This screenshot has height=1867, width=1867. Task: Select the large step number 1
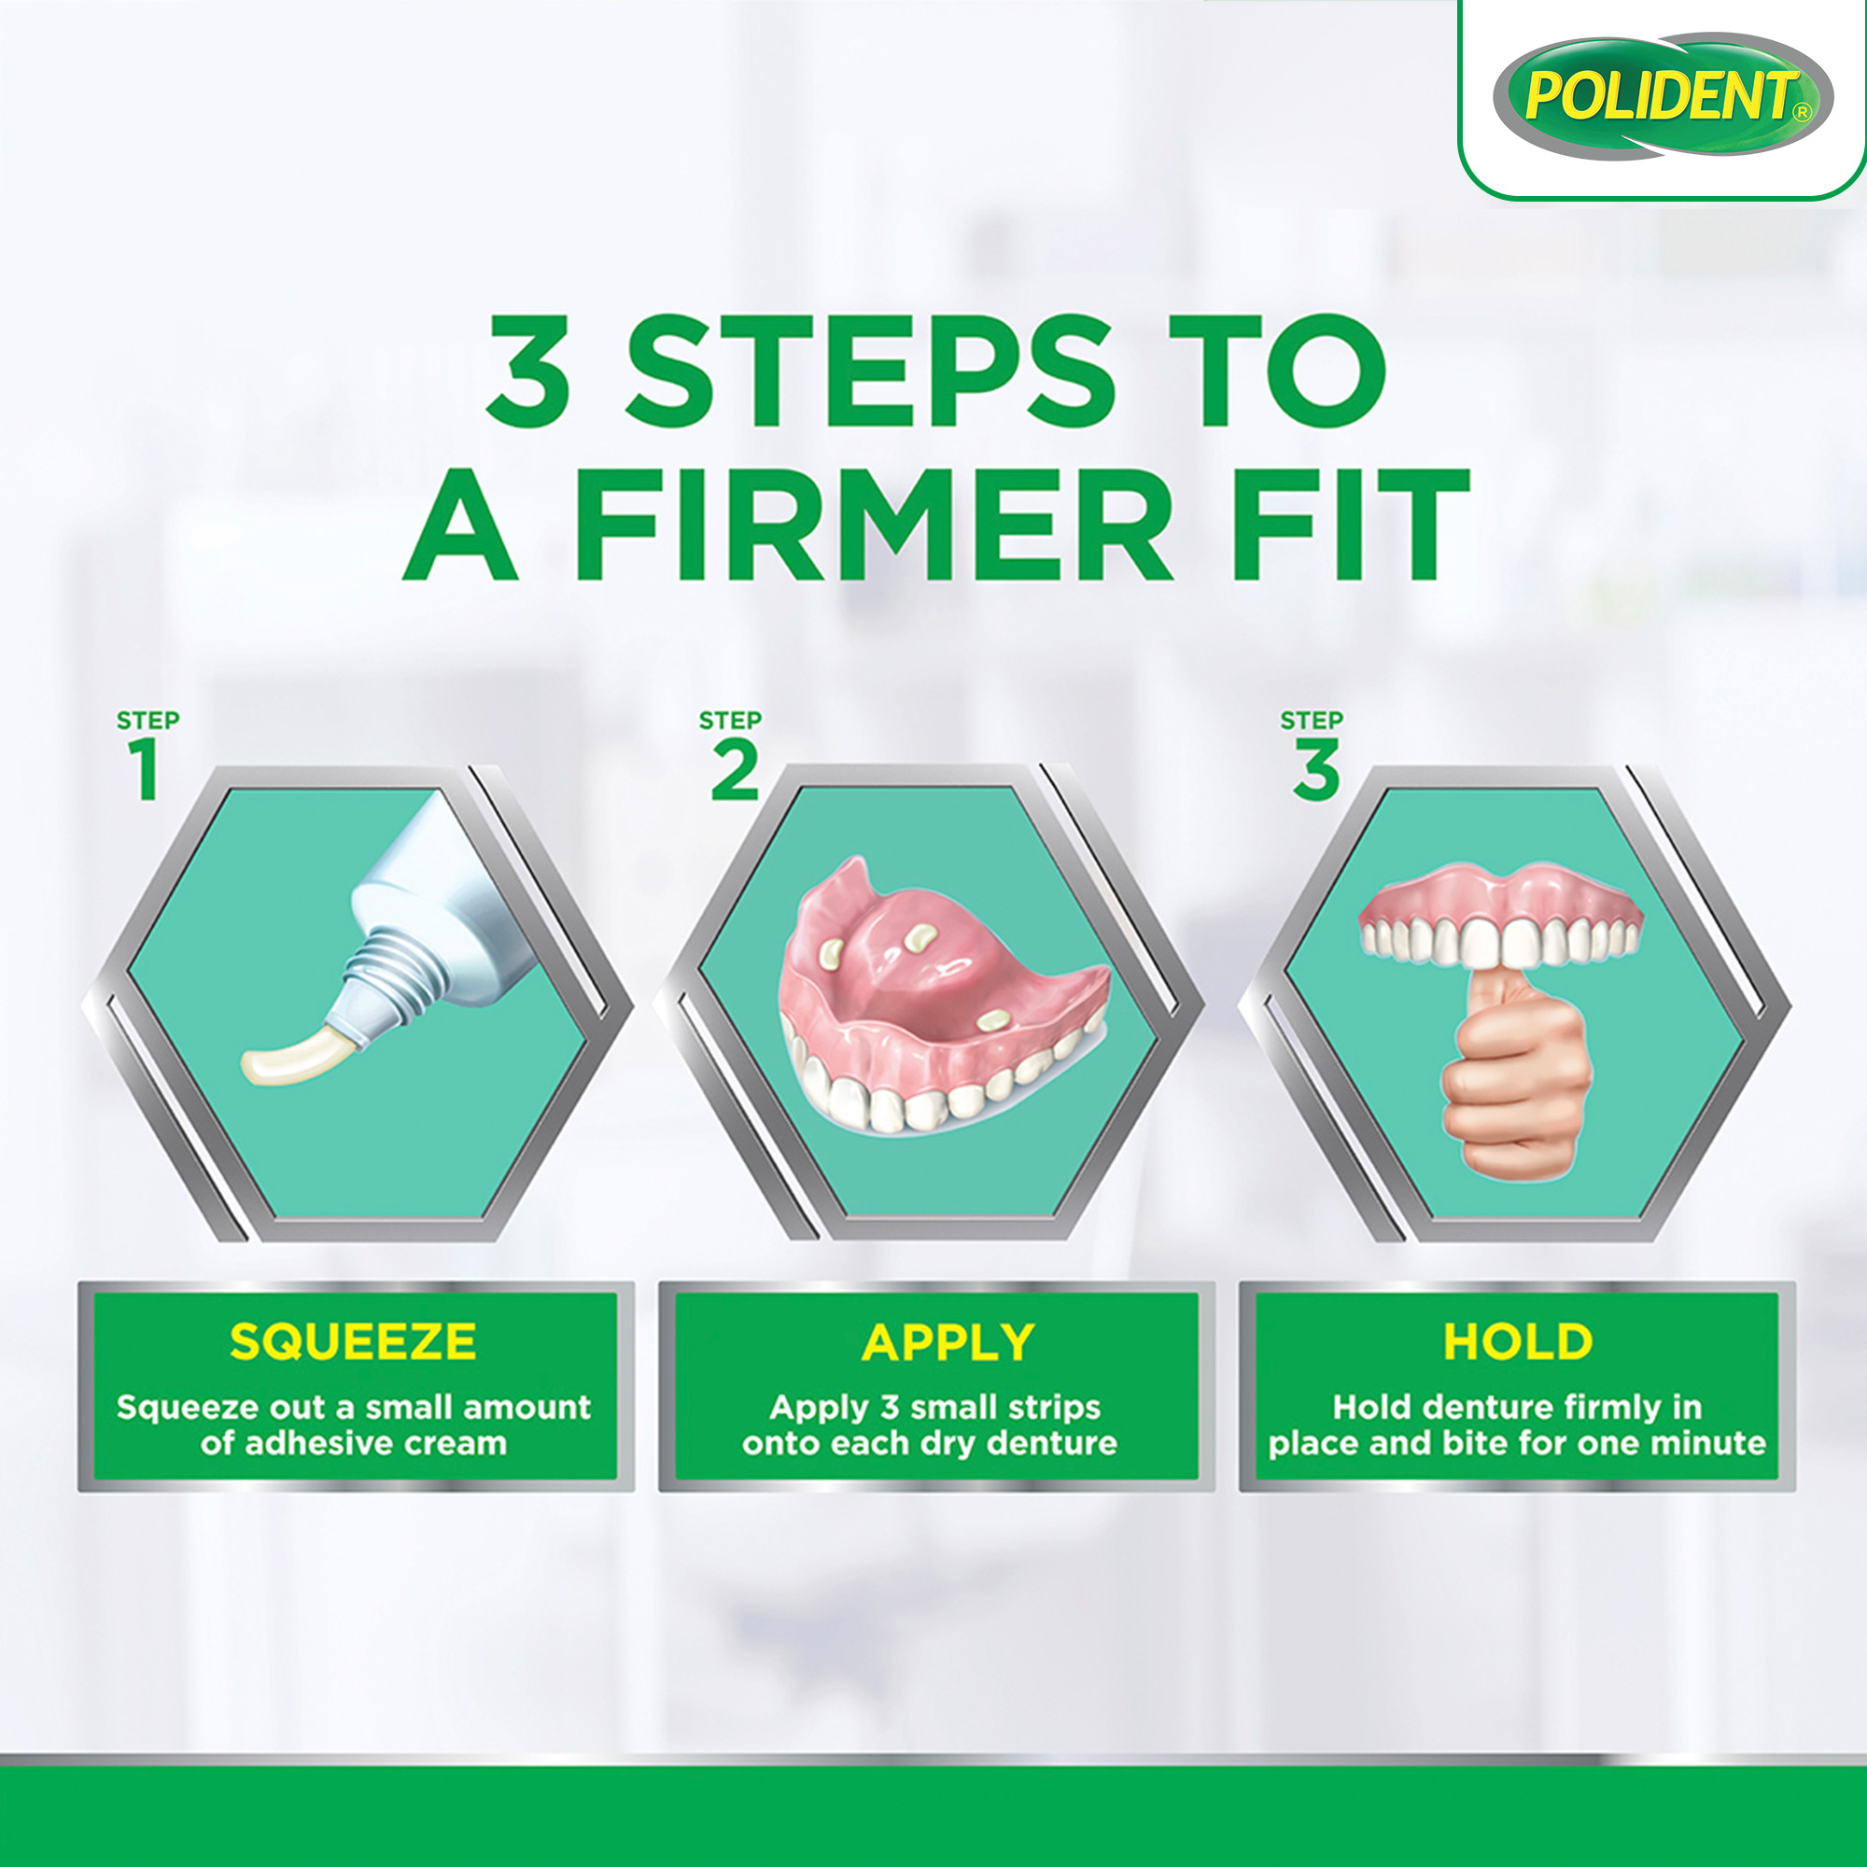click(x=146, y=770)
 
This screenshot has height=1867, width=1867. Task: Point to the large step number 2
click(x=735, y=770)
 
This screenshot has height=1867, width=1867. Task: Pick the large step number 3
click(x=1316, y=770)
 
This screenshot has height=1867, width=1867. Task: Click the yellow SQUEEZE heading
click(x=353, y=1341)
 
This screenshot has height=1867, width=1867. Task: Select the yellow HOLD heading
click(x=1518, y=1341)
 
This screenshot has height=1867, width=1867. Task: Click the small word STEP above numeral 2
click(x=730, y=720)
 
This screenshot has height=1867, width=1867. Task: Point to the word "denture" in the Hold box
click(x=1475, y=1407)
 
